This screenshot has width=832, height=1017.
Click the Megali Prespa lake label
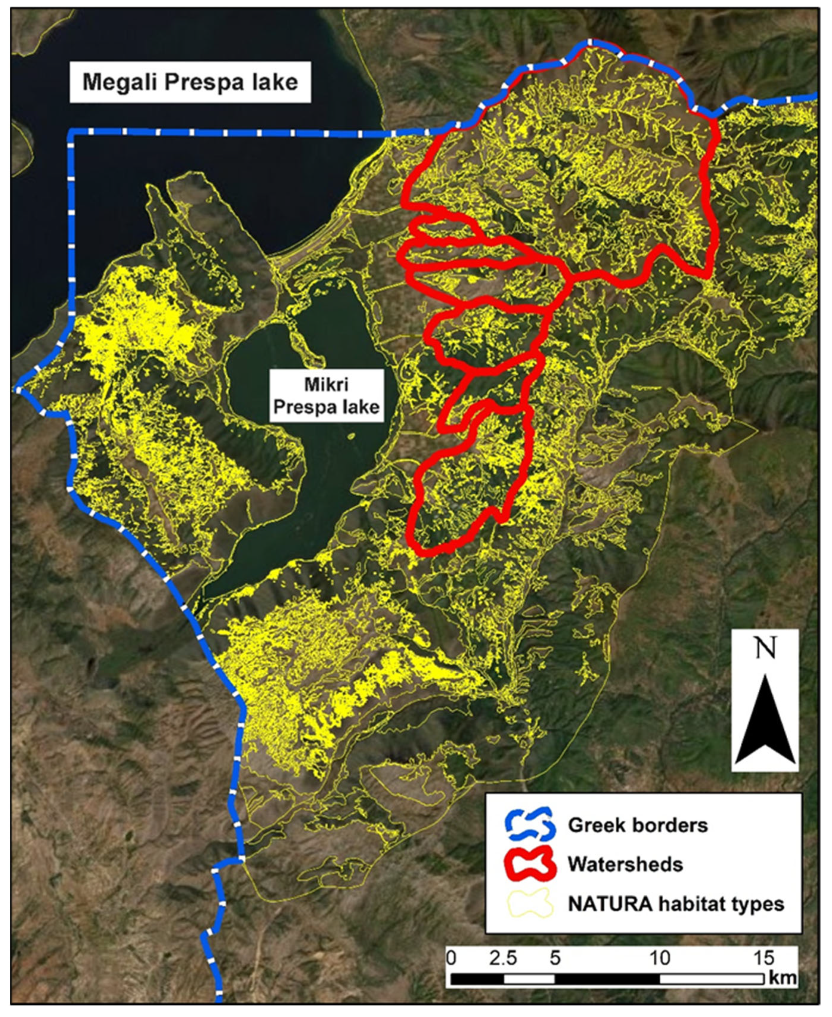190,82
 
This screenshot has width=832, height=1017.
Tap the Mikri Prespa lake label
326,395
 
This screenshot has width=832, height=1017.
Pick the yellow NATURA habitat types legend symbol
530,903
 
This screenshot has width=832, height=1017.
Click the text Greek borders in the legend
638,825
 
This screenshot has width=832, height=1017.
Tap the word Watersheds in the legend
625,865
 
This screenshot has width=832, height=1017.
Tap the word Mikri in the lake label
326,385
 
